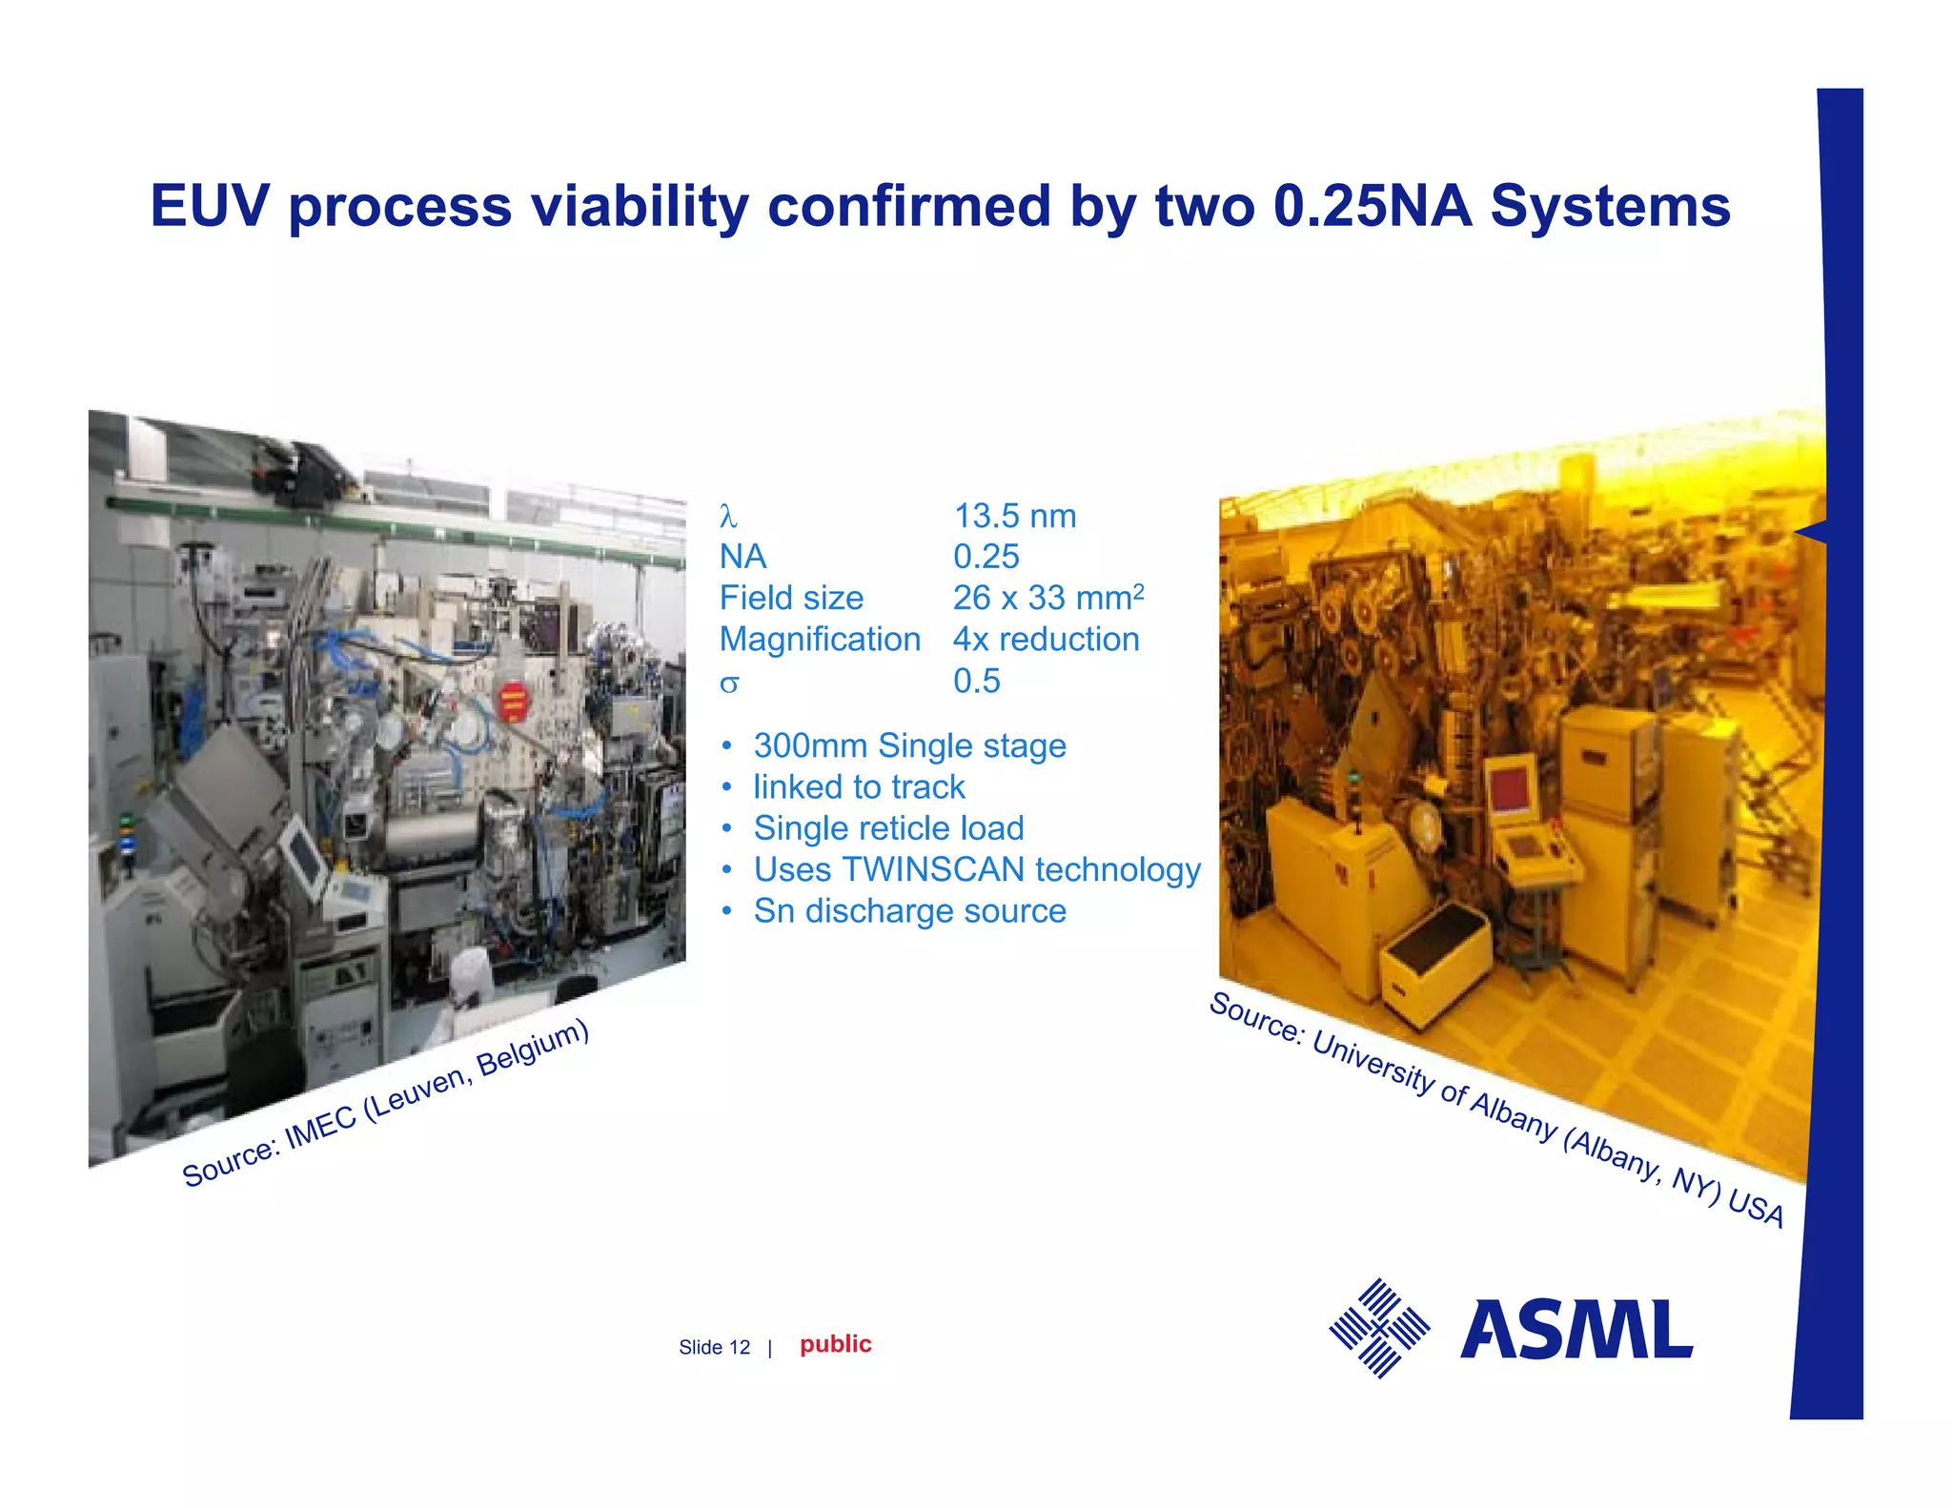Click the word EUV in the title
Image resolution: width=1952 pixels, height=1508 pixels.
[210, 206]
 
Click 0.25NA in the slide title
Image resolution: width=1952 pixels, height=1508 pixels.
[1372, 206]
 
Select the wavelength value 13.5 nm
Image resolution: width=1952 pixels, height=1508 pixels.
[1015, 516]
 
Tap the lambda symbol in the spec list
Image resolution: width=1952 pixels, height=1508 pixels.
[728, 517]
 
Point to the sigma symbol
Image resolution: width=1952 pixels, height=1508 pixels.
[729, 683]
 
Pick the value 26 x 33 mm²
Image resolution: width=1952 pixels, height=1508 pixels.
[1047, 598]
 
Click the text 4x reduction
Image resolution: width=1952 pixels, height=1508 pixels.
[1046, 639]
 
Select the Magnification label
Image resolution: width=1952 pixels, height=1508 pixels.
[820, 639]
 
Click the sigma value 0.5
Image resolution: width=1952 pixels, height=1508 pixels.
[976, 681]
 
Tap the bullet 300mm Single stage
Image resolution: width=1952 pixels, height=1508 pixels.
[909, 745]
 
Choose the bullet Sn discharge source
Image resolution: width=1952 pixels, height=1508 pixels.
[909, 910]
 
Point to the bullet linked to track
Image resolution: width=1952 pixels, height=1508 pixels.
[858, 786]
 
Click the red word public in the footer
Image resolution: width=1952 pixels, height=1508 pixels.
[835, 1344]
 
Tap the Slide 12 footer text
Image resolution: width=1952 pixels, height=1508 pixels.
[714, 1347]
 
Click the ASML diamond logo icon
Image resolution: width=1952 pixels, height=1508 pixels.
[1379, 1328]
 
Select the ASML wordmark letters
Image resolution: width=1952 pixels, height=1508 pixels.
[1576, 1330]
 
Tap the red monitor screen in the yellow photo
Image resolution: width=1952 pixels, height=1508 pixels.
[1512, 790]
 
